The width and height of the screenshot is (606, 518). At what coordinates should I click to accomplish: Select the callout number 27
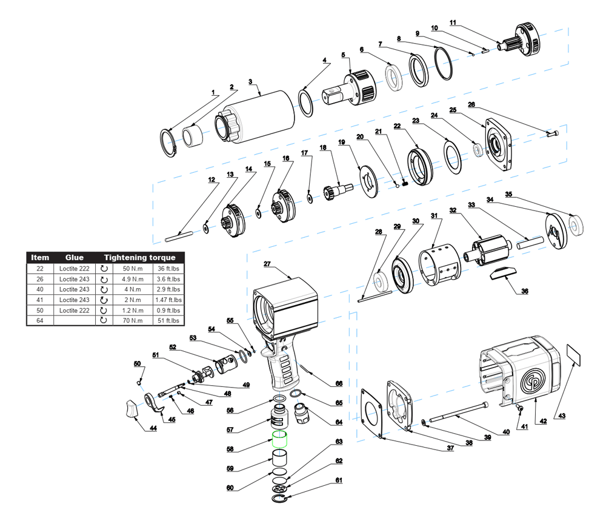267,264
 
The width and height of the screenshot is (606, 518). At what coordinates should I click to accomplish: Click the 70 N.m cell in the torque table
133,321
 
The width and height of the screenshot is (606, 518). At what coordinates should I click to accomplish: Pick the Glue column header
74,258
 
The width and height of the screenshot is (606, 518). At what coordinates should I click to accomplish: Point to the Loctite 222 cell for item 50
74,311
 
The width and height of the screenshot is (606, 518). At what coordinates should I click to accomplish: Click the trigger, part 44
131,409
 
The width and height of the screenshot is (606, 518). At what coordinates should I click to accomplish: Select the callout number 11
453,22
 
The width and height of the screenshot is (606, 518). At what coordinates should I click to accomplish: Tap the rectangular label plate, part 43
573,355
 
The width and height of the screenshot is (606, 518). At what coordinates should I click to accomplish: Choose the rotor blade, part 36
503,273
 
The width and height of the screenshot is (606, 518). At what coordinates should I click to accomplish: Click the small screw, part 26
553,134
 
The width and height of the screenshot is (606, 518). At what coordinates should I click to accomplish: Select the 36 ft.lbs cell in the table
168,269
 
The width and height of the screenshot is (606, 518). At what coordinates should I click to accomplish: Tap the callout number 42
543,421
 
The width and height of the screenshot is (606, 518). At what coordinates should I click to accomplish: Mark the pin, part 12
179,237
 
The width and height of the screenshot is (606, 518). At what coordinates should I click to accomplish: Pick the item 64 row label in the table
40,321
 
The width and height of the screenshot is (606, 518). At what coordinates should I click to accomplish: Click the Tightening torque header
139,258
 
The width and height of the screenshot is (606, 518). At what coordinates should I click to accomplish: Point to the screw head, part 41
520,408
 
